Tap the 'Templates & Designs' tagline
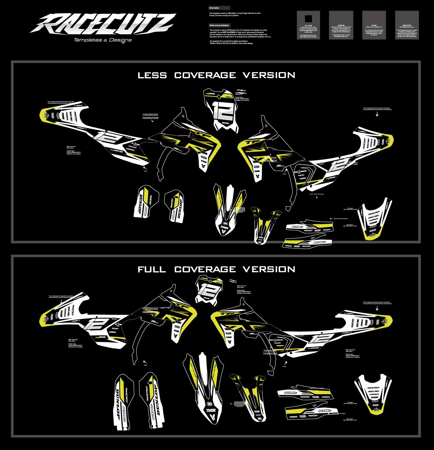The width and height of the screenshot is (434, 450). click(x=103, y=40)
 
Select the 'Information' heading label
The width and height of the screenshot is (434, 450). click(x=214, y=8)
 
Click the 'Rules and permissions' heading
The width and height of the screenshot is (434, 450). click(x=219, y=25)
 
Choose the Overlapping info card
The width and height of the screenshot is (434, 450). click(x=407, y=25)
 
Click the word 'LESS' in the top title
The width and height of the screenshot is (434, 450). click(x=152, y=75)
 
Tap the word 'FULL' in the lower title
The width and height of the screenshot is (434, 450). click(x=152, y=270)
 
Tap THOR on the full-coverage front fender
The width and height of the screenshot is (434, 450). click(x=209, y=410)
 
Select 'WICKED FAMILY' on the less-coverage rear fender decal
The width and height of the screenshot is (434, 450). click(x=373, y=216)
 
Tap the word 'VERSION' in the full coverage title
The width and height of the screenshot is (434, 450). click(x=269, y=270)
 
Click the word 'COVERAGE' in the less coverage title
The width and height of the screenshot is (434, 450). click(x=205, y=75)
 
